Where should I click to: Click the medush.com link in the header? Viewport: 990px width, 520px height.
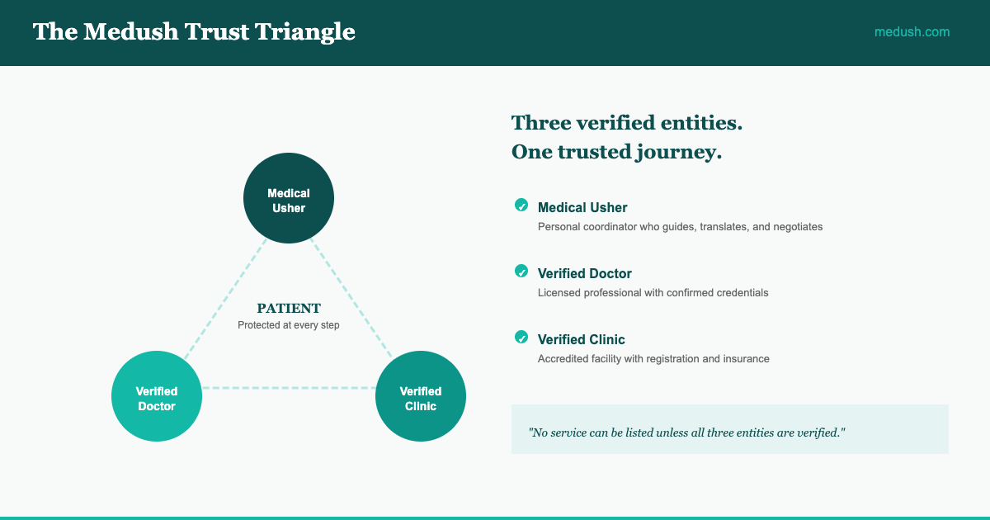912,32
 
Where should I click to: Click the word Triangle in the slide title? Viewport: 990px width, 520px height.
305,32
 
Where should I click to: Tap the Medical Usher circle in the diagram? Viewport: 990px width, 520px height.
289,198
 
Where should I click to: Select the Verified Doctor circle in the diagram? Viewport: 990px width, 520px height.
157,396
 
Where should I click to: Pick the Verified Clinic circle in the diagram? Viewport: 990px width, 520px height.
420,396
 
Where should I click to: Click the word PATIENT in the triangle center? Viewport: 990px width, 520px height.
289,308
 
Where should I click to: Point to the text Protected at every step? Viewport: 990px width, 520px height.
289,325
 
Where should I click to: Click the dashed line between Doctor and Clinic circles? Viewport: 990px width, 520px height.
289,388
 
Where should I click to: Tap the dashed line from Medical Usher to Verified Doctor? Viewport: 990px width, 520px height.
225,299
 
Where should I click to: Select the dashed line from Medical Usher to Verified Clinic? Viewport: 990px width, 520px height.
351,298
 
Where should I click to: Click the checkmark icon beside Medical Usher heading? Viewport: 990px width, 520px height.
521,206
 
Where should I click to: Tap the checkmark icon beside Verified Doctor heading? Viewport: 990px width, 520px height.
521,271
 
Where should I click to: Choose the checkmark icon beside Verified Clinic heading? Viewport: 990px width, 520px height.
521,338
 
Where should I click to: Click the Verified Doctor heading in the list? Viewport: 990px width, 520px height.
585,274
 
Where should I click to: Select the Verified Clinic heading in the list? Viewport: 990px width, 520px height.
581,339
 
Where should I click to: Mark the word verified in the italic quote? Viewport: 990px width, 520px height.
818,433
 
